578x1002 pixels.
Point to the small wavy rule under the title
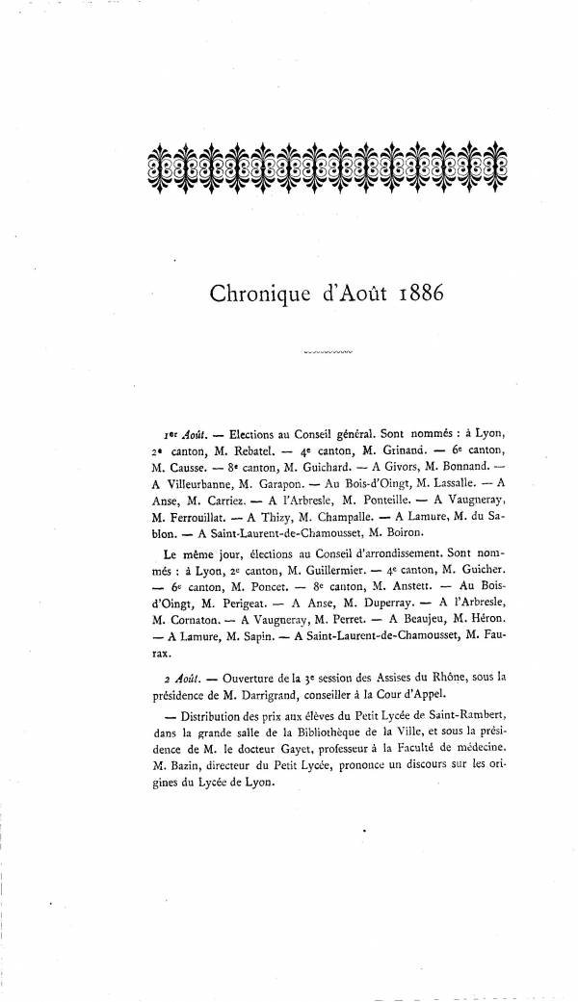[328, 353]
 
